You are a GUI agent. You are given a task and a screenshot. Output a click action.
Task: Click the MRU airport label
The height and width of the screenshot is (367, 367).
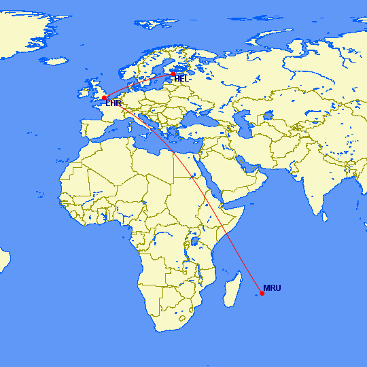click(x=272, y=288)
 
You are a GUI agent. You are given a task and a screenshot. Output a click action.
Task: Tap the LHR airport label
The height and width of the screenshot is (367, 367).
click(x=113, y=103)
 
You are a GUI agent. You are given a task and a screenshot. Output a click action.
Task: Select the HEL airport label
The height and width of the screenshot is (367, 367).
click(x=181, y=79)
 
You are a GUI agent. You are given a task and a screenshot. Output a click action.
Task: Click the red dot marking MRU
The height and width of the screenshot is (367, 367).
click(x=262, y=294)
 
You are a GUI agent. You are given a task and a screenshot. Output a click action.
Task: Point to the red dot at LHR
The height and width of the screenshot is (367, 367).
click(x=104, y=98)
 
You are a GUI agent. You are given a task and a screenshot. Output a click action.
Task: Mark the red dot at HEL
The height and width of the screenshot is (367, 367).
click(x=173, y=73)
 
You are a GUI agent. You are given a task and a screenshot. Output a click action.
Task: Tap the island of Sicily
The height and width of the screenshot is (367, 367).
click(x=145, y=141)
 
